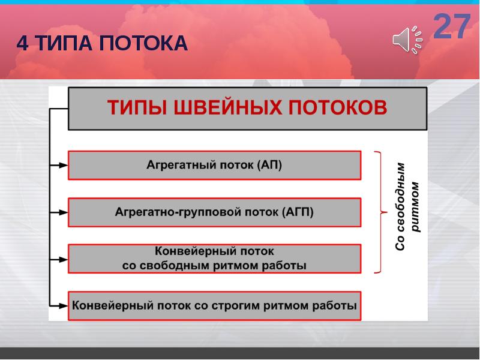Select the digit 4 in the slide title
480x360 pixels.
pos(22,43)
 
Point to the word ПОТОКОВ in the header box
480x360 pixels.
pos(339,109)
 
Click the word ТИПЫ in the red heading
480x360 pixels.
pos(136,109)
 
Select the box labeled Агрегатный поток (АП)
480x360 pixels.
pos(214,165)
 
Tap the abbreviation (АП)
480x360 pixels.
pos(269,165)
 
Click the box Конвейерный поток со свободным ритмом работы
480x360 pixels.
pos(214,259)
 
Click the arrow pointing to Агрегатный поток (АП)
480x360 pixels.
pos(61,165)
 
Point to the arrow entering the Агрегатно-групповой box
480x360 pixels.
pos(61,212)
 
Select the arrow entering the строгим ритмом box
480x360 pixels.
pos(61,305)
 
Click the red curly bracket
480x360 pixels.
pos(380,212)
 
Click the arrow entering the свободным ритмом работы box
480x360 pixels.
pos(61,259)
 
